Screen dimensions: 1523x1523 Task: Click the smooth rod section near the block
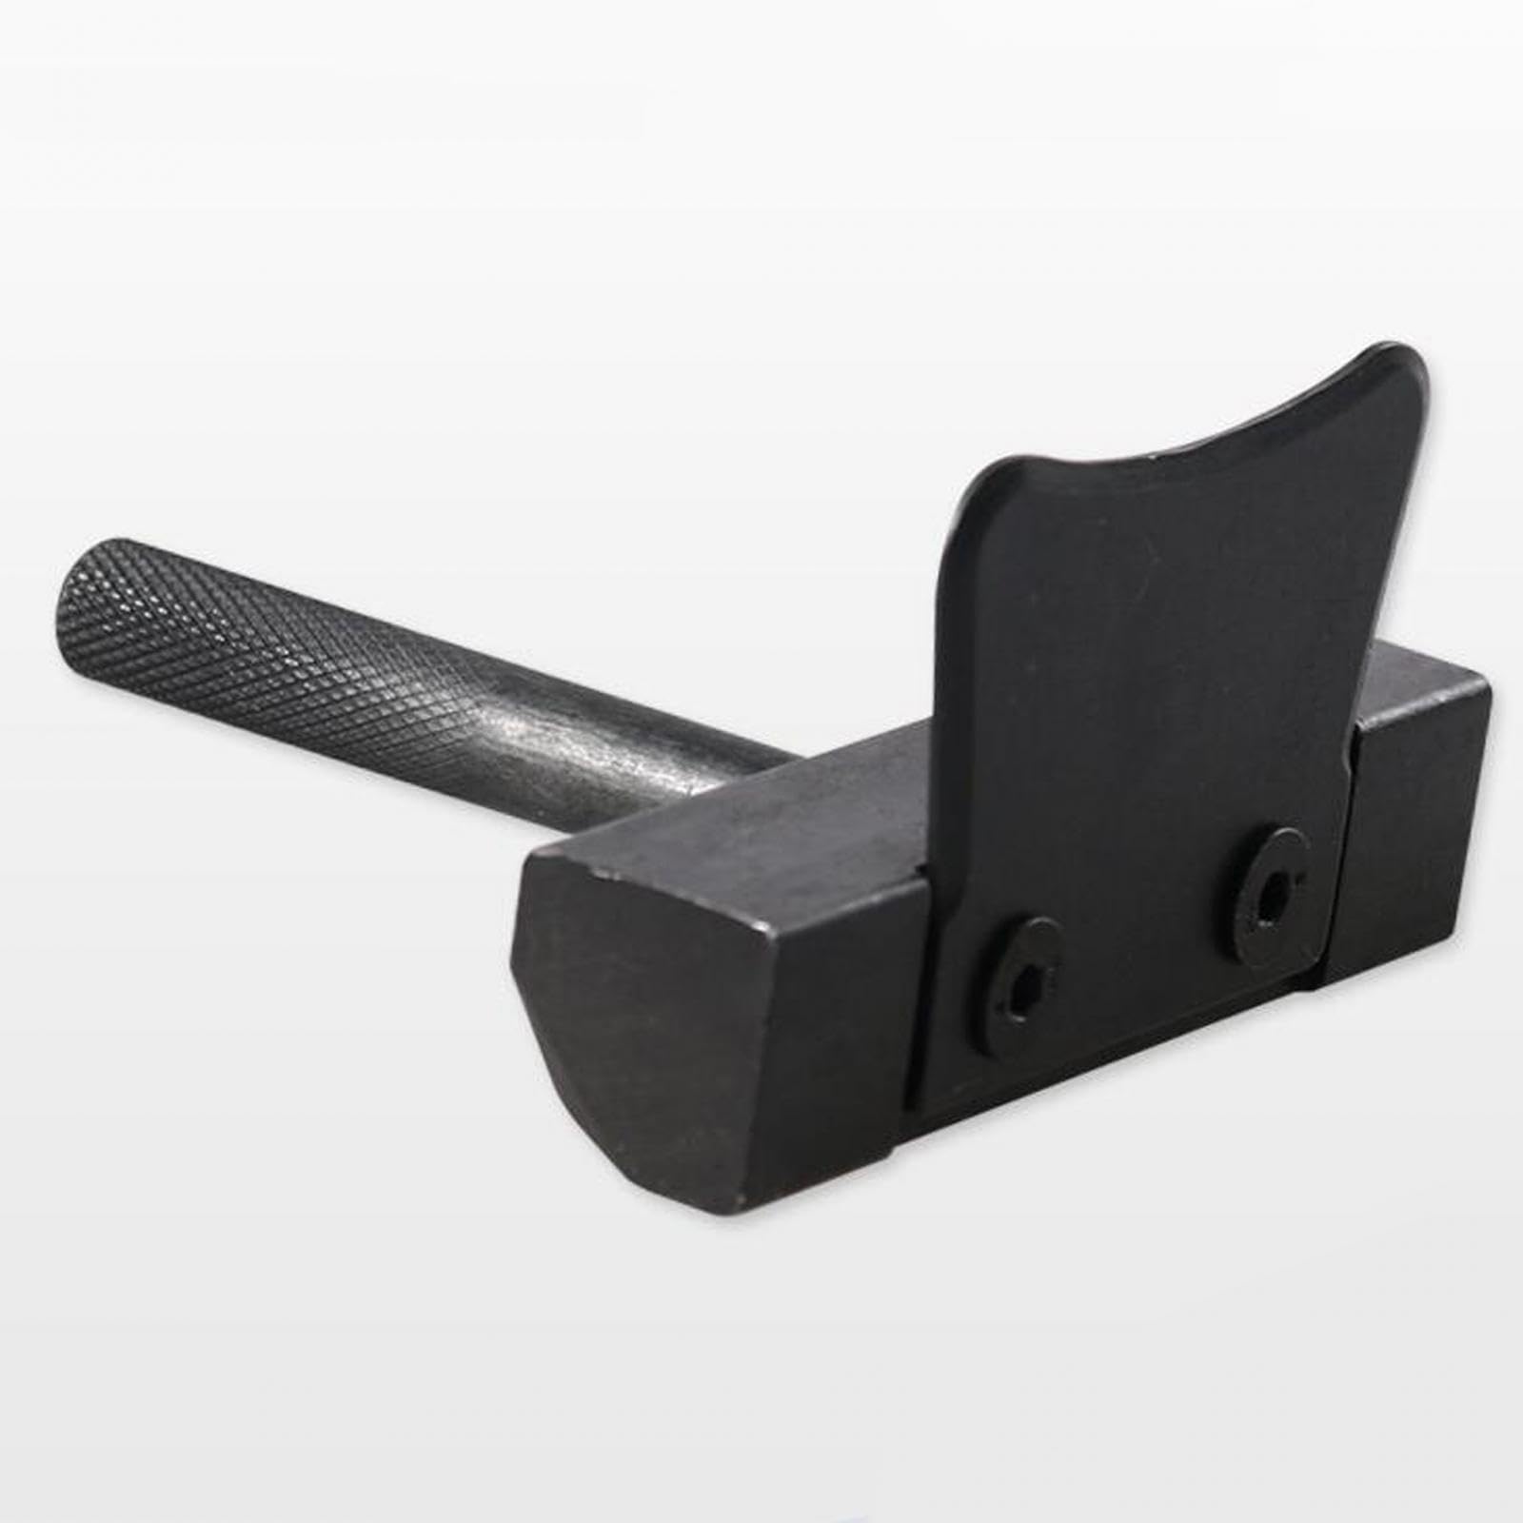tap(666, 761)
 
